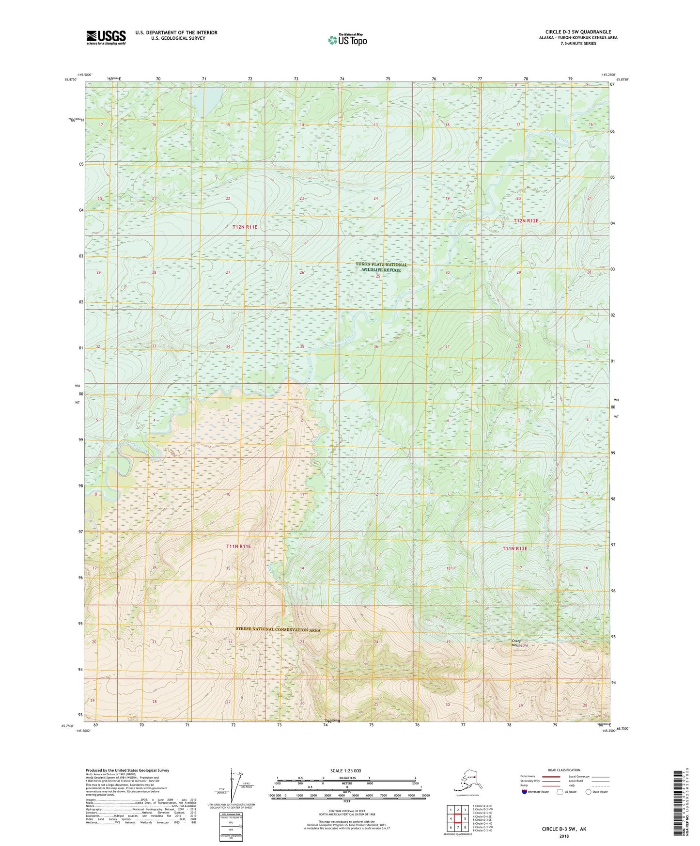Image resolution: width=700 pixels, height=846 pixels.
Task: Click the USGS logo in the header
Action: (x=106, y=37)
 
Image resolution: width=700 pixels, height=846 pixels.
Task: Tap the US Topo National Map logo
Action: (x=347, y=40)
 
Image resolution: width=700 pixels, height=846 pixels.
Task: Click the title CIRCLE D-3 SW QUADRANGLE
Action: (x=577, y=32)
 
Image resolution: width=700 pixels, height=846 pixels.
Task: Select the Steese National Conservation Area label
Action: (x=278, y=630)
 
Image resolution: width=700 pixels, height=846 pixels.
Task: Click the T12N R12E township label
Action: (x=526, y=220)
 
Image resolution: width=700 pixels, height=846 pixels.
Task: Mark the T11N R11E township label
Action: (x=238, y=546)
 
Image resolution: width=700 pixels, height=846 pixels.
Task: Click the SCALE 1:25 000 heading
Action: (x=345, y=770)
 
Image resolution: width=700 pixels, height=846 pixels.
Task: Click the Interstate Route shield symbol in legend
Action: (x=525, y=792)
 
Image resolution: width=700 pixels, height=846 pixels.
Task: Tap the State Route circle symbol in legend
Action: (x=589, y=792)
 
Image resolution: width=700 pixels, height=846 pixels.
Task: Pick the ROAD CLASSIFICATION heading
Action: (x=564, y=770)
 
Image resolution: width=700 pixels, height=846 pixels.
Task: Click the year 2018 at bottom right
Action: (x=564, y=836)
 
